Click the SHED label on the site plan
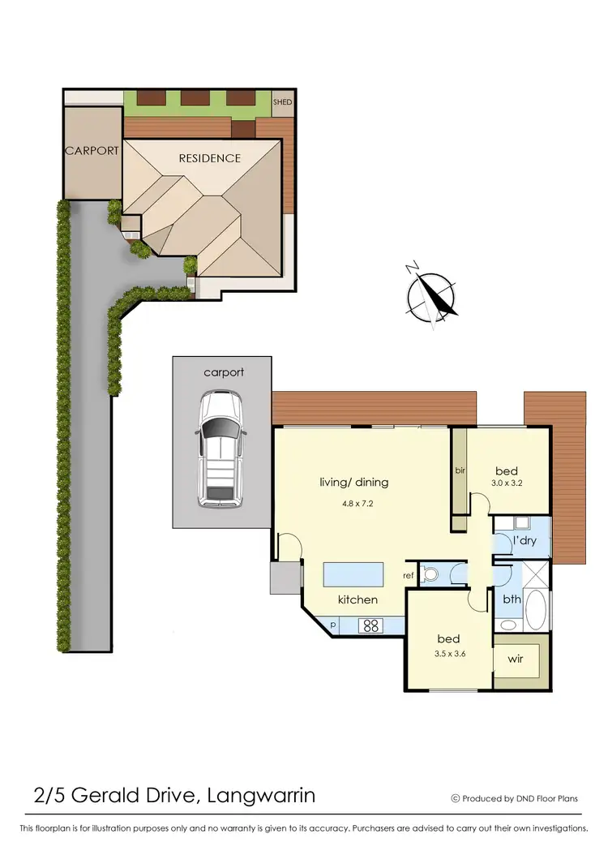tap(282, 102)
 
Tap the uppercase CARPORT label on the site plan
tap(92, 151)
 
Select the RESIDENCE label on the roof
tap(210, 158)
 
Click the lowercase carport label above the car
tap(224, 372)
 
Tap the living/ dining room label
tap(353, 482)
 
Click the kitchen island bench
tap(353, 575)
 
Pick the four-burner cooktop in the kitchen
tap(370, 625)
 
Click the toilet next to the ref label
tap(430, 574)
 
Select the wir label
tap(516, 660)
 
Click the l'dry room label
tap(524, 540)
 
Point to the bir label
tap(459, 470)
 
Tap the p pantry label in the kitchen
tap(333, 625)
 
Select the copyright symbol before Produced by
tap(455, 798)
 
